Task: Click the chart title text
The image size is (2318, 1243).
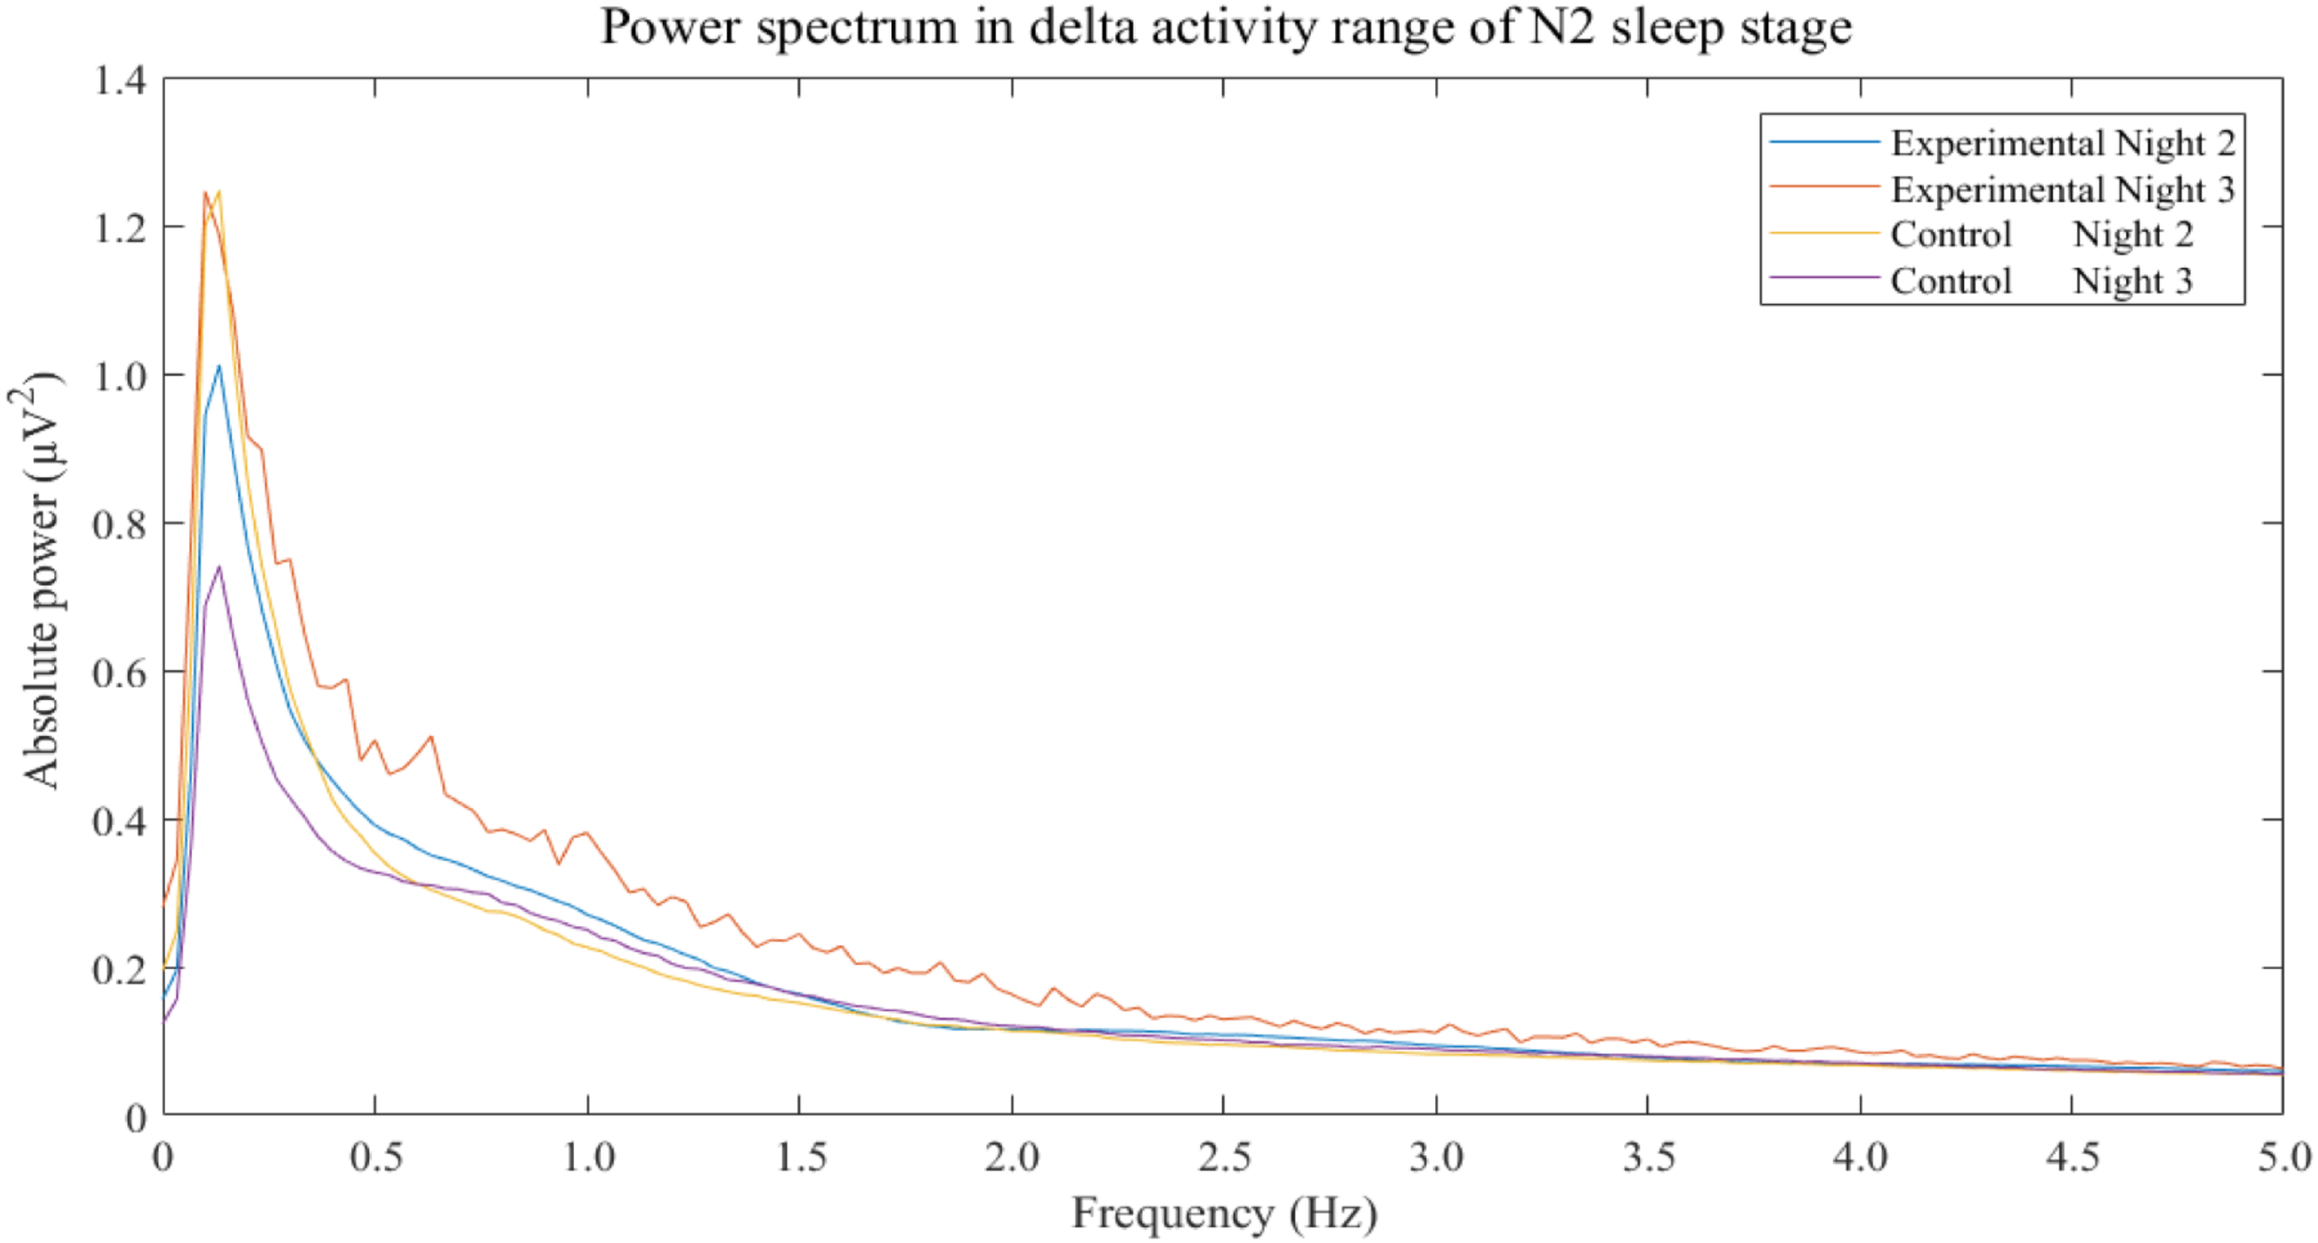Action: click(x=1226, y=28)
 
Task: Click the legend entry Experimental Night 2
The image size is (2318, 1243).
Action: click(x=2062, y=144)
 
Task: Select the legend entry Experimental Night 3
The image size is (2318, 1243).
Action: click(x=2062, y=190)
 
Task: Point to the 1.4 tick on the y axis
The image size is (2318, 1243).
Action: click(x=121, y=82)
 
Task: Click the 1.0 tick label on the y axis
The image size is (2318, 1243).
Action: click(x=121, y=376)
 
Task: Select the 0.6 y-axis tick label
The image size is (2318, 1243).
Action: click(x=121, y=673)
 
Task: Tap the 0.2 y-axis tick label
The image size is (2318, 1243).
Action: click(x=121, y=970)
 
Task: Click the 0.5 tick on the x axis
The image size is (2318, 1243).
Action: click(x=376, y=1158)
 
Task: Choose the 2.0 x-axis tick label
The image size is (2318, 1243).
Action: click(x=1012, y=1158)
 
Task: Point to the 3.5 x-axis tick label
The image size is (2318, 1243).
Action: click(x=1649, y=1158)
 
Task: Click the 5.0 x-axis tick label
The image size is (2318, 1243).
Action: click(x=2284, y=1158)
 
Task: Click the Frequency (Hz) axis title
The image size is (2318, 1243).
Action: click(x=1224, y=1213)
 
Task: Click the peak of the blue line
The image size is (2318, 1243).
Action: click(x=219, y=367)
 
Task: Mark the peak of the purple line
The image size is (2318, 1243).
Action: click(x=219, y=567)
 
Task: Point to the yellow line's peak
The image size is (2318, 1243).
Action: click(x=219, y=193)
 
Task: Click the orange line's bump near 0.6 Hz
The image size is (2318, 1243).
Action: click(x=431, y=737)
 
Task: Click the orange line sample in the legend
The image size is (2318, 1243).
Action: click(x=1824, y=187)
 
